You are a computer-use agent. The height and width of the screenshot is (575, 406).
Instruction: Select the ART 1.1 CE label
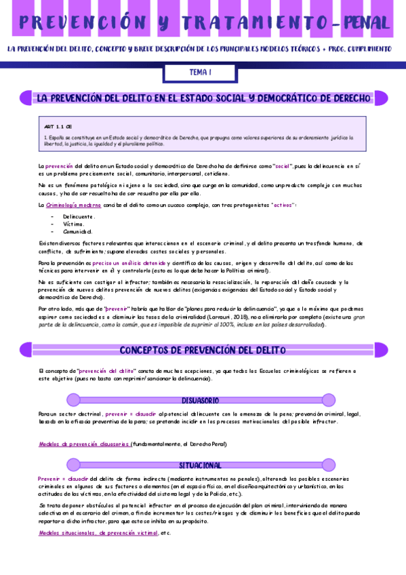(52, 127)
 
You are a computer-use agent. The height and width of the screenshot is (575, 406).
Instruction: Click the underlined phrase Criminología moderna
(75, 204)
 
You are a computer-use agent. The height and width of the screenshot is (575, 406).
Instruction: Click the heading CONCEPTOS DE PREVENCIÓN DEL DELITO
(203, 351)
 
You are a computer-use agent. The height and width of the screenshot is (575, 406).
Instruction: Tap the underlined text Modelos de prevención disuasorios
(85, 444)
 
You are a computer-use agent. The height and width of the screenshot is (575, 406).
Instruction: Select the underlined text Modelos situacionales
(67, 533)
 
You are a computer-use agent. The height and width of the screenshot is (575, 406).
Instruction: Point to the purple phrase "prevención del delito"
(106, 371)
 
